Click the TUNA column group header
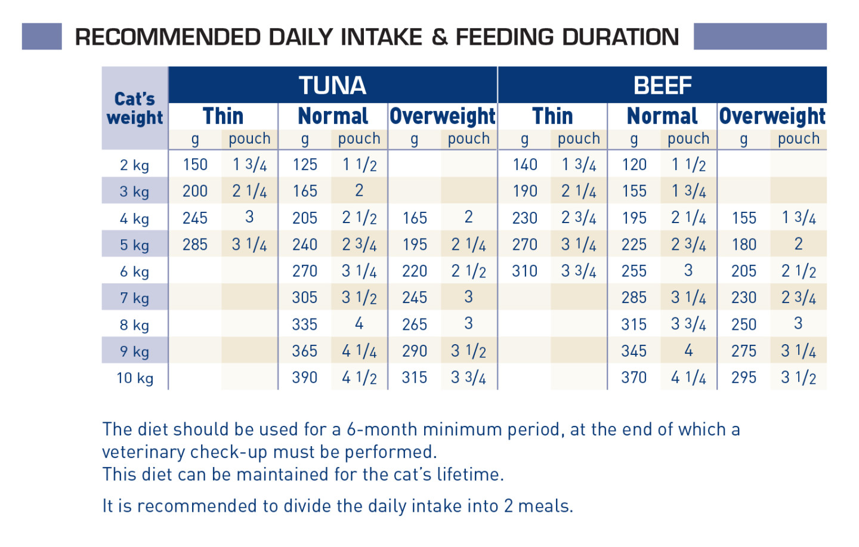click(332, 85)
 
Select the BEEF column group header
click(662, 85)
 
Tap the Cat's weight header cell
click(135, 108)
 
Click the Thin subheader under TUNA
click(223, 116)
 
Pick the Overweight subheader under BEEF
click(772, 116)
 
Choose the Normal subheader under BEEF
click(662, 116)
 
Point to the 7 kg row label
click(135, 298)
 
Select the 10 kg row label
click(135, 378)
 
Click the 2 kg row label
click(135, 165)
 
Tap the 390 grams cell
click(305, 378)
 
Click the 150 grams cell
click(195, 165)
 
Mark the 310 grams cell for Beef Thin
click(525, 271)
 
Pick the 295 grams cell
click(744, 378)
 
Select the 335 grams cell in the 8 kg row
click(305, 325)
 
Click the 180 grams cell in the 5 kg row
click(744, 245)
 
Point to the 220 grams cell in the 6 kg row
click(415, 271)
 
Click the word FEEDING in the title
click(504, 37)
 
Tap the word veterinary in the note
click(144, 452)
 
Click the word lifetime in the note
click(468, 475)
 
